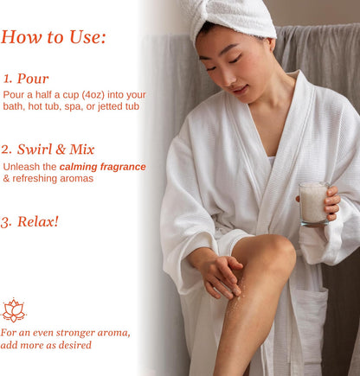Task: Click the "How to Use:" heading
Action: [54, 37]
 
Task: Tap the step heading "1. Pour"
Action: [26, 79]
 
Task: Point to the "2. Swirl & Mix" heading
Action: [48, 150]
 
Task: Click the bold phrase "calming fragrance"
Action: [102, 167]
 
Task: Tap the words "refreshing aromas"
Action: [53, 178]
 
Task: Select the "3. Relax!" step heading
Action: [29, 222]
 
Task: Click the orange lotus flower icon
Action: [14, 310]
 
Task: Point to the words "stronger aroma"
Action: [93, 333]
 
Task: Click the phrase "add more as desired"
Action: [46, 345]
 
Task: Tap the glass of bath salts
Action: [313, 203]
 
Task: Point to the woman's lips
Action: [240, 89]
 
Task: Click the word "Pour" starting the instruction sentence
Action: [12, 95]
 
